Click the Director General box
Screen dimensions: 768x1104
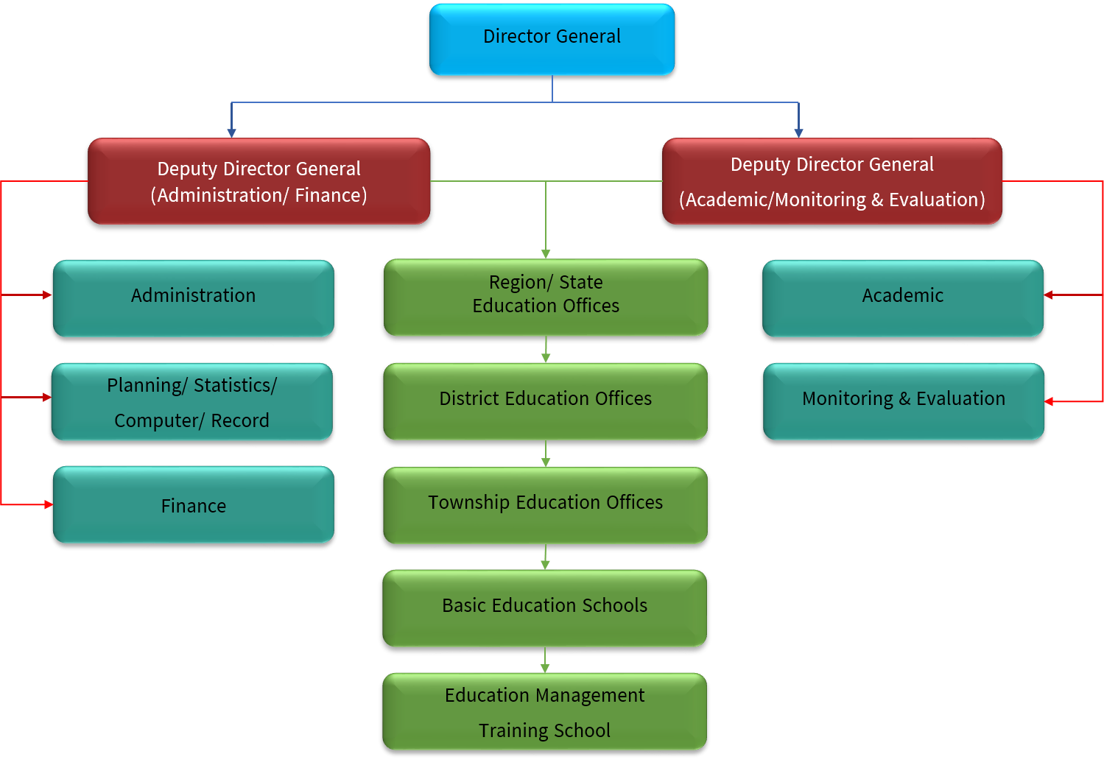pyautogui.click(x=552, y=39)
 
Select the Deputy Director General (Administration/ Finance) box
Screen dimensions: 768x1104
pyautogui.click(x=259, y=181)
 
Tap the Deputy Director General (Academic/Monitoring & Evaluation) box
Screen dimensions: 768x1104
pyautogui.click(x=831, y=181)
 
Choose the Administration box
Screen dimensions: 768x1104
pyautogui.click(x=193, y=297)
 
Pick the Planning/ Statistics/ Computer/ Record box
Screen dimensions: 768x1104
pyautogui.click(x=191, y=401)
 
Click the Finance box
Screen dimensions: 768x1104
pyautogui.click(x=193, y=504)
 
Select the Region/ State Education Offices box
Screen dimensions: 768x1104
pyautogui.click(x=545, y=297)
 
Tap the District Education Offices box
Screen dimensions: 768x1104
pyautogui.click(x=545, y=401)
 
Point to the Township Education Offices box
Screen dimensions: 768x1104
pyautogui.click(x=545, y=505)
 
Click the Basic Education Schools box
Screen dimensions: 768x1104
pyautogui.click(x=544, y=607)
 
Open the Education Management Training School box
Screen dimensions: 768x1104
pyautogui.click(x=544, y=711)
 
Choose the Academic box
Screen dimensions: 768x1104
pyautogui.click(x=902, y=297)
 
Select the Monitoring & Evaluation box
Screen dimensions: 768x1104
pyautogui.click(x=903, y=401)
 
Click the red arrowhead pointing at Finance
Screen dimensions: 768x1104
pyautogui.click(x=49, y=504)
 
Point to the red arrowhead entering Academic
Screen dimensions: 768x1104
pyautogui.click(x=1049, y=295)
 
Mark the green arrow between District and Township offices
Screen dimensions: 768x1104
pyautogui.click(x=545, y=455)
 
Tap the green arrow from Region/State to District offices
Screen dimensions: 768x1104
pyautogui.click(x=545, y=351)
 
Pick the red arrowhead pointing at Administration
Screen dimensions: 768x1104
pyautogui.click(x=48, y=295)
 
